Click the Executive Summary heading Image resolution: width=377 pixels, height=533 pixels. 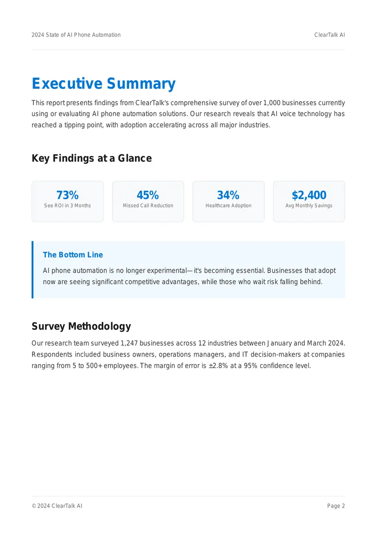pos(104,83)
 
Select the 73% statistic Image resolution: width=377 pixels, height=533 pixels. pos(67,195)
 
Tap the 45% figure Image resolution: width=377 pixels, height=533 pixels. pos(148,195)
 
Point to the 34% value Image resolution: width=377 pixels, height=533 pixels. pos(228,195)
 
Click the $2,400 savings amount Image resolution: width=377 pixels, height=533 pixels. pos(309,195)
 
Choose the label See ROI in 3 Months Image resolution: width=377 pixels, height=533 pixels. pos(67,206)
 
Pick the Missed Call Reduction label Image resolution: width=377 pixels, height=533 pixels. pos(148,206)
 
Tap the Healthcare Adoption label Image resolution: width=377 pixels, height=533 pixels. pos(229,206)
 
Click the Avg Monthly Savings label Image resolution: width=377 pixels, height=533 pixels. pos(309,206)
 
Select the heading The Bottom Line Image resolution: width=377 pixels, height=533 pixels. pos(73,255)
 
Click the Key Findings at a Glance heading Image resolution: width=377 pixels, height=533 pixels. pos(92,158)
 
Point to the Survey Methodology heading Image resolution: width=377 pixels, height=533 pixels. pos(81,326)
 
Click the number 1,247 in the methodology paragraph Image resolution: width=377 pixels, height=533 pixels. pos(129,343)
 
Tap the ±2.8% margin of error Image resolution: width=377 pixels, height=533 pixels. pos(218,366)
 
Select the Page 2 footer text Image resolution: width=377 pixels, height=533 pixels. pos(336,506)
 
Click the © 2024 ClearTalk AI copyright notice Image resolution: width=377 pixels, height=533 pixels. pos(57,506)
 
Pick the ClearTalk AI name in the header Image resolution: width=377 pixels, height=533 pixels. pos(329,35)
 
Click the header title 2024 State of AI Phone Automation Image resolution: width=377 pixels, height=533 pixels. pos(76,35)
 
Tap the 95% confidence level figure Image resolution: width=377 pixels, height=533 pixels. pos(250,366)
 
